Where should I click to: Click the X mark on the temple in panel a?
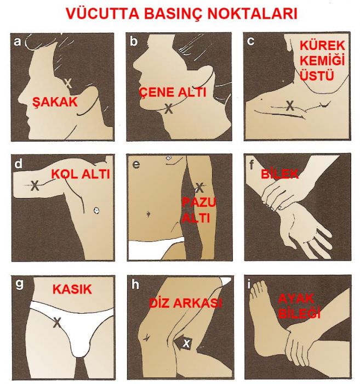click(68, 83)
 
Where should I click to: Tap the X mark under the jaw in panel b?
click(169, 109)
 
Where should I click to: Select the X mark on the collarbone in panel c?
click(290, 106)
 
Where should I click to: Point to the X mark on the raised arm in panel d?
click(35, 185)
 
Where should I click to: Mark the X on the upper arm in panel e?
click(200, 188)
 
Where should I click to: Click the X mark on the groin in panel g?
click(57, 323)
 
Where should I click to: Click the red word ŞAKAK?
click(55, 102)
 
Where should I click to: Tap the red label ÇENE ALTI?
click(173, 92)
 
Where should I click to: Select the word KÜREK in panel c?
click(322, 46)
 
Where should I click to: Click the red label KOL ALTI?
click(81, 174)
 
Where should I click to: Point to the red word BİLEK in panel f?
click(279, 174)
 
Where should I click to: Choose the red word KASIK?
click(72, 289)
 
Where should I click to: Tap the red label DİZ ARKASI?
click(186, 303)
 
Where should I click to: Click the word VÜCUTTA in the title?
click(102, 14)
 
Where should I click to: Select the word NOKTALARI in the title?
click(253, 14)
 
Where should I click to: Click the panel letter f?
click(251, 165)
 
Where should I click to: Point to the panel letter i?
click(249, 285)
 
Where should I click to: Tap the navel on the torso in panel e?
click(148, 214)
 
